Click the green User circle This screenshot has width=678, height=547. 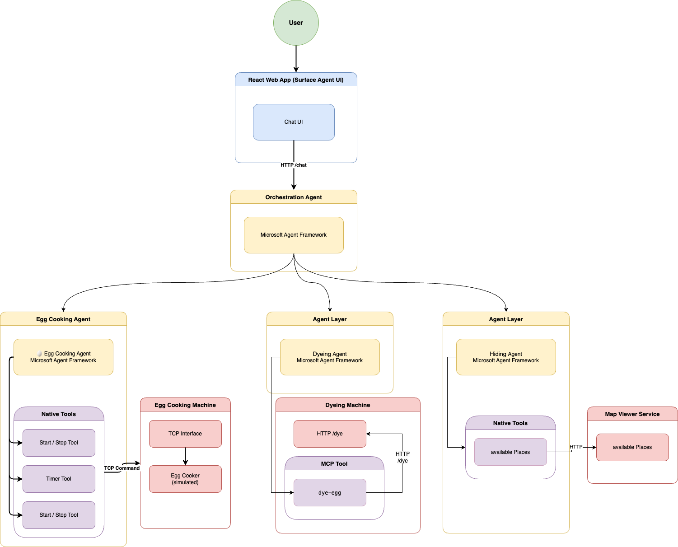point(296,23)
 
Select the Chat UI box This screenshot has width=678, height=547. point(294,122)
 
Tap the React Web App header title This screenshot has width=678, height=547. point(296,80)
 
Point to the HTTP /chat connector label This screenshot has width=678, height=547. point(294,165)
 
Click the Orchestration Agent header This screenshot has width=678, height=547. point(294,197)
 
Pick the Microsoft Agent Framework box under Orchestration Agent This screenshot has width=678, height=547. point(294,235)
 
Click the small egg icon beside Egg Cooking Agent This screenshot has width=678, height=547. point(40,354)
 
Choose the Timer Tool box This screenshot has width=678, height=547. point(59,479)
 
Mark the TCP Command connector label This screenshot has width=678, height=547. point(122,468)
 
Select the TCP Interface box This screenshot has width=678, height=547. point(185,434)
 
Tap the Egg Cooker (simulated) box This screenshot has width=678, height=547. point(185,479)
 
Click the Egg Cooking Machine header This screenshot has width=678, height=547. point(185,405)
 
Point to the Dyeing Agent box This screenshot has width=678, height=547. point(330,357)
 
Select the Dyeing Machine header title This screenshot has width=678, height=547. point(348,405)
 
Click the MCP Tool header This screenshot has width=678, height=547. point(334,464)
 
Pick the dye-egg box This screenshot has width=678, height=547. point(330,493)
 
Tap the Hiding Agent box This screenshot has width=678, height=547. point(506,357)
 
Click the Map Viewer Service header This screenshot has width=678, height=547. point(632,414)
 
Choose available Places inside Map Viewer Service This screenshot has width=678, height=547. point(632,447)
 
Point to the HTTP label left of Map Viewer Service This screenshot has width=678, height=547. point(576,447)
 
